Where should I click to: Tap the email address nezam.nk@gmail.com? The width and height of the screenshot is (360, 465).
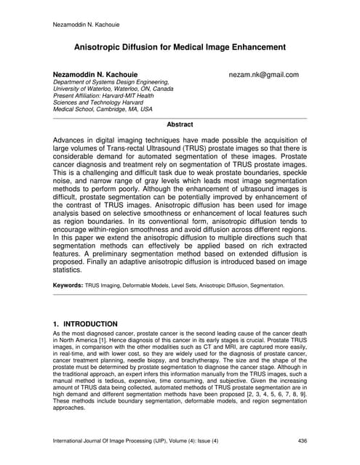pos(263,75)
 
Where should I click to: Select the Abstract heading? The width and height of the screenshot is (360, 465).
pos(180,124)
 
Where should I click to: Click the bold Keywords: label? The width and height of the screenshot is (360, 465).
pos(69,286)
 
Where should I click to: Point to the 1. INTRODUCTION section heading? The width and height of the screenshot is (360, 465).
pos(86,323)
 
